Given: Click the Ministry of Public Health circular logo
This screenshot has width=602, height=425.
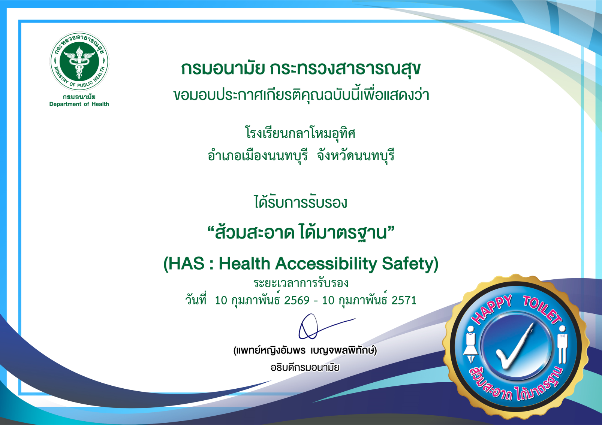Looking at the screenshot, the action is click(x=79, y=61).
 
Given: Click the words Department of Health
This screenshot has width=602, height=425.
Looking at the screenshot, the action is click(x=79, y=104).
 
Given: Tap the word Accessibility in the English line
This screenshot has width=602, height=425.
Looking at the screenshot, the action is click(x=326, y=264).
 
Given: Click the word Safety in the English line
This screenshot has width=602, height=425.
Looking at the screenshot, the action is click(x=407, y=264).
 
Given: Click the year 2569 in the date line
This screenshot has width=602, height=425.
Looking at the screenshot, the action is click(x=297, y=300).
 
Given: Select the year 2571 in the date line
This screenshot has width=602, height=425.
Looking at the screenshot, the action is click(x=404, y=300).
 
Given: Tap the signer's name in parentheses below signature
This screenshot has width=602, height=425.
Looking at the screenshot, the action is click(x=305, y=350).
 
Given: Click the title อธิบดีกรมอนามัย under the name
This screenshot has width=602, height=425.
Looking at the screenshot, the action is click(x=305, y=367).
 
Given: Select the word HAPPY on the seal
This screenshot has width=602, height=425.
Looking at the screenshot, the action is click(x=492, y=309).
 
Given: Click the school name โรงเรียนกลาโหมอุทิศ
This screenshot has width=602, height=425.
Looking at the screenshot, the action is click(x=300, y=133).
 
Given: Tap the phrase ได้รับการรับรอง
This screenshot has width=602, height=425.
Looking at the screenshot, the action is click(x=301, y=203).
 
